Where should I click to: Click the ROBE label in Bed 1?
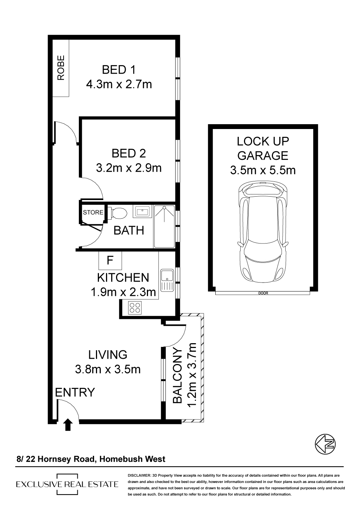click(x=61, y=68)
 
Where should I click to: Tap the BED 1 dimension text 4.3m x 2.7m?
click(x=119, y=84)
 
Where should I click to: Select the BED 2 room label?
click(x=129, y=154)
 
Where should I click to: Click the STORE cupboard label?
click(x=93, y=212)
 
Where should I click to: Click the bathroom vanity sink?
click(x=142, y=211)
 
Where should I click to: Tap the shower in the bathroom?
click(x=164, y=226)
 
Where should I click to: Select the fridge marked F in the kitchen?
click(x=110, y=260)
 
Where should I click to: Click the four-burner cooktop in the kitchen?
click(x=135, y=308)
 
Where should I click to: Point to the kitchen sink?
click(x=167, y=280)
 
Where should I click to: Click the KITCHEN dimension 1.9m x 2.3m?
click(x=123, y=292)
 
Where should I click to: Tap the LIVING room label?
click(x=108, y=355)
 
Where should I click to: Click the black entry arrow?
click(x=68, y=425)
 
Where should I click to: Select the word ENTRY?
click(x=75, y=392)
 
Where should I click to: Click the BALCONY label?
click(x=178, y=376)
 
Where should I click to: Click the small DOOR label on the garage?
click(x=263, y=293)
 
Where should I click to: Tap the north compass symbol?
click(x=325, y=444)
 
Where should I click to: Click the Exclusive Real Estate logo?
click(x=67, y=484)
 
